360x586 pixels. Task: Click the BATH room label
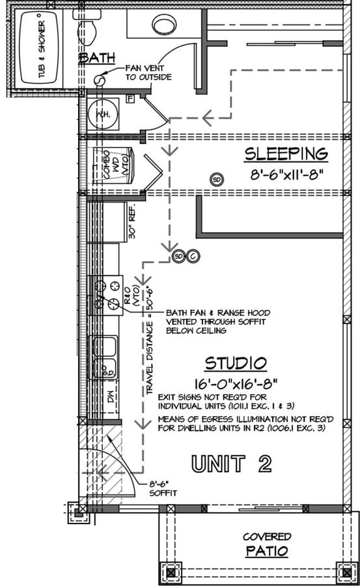coord(97,59)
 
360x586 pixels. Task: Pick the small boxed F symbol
coord(130,98)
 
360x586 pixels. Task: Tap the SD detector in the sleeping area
coord(216,179)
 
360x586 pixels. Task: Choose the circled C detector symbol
coord(193,257)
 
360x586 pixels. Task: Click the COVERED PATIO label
coord(267,544)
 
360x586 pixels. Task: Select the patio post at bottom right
coord(342,572)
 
